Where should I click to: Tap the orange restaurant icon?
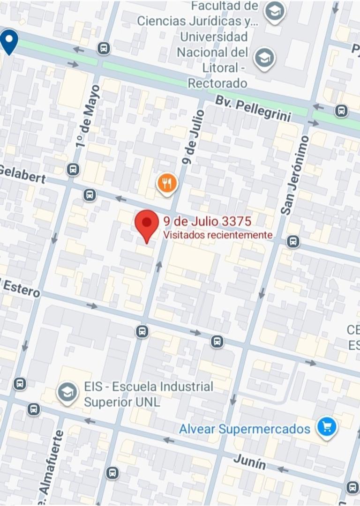(167, 183)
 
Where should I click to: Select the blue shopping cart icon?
(326, 428)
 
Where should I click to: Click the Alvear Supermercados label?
(245, 429)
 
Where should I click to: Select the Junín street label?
(249, 463)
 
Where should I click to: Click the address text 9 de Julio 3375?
(208, 222)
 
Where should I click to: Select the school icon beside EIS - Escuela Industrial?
(68, 393)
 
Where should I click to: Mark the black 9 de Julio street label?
(193, 137)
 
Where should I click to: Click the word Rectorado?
(217, 83)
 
